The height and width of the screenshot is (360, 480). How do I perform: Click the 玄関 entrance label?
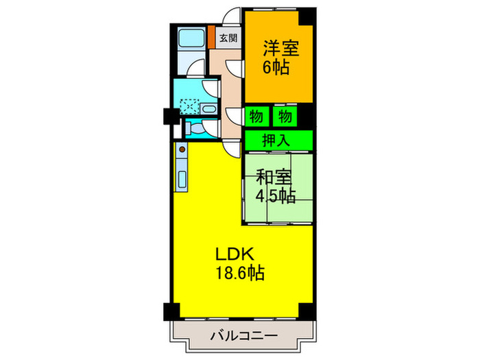click(x=229, y=38)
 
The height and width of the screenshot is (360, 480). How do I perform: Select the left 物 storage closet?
click(x=256, y=116)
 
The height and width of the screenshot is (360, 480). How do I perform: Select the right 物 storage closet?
click(x=285, y=116)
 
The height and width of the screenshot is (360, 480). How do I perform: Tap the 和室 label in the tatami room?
click(x=274, y=177)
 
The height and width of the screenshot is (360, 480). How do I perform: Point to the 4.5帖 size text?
click(x=276, y=196)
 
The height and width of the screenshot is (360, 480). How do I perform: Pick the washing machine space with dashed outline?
click(x=189, y=106)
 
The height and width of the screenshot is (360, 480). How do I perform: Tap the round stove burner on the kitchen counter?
click(x=182, y=148)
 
